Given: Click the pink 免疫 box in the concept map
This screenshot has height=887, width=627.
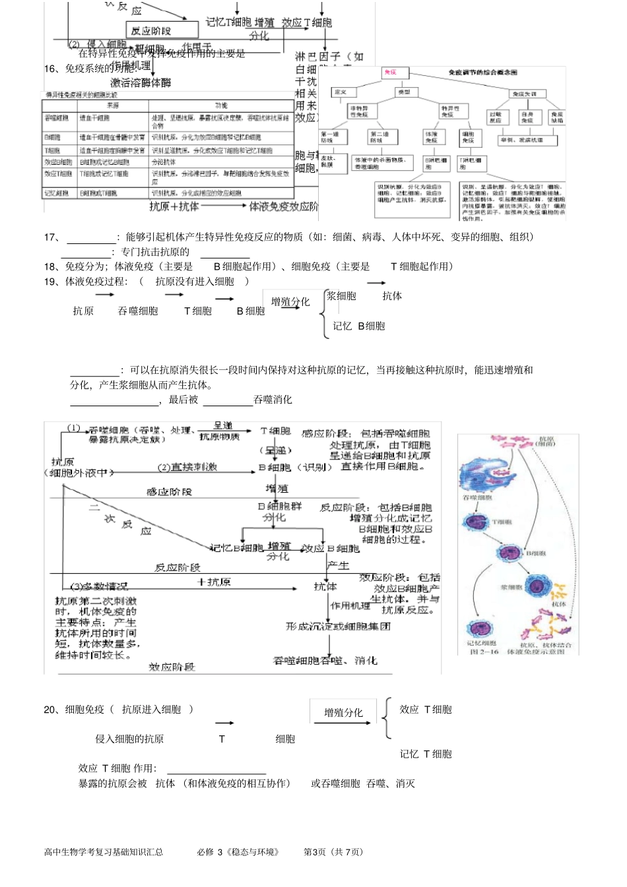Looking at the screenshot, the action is click(x=390, y=72).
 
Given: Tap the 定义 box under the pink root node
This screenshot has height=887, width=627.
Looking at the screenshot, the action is click(x=341, y=92).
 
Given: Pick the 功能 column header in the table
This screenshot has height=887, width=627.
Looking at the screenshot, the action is click(x=221, y=106).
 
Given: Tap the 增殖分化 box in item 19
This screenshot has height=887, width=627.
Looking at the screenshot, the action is click(x=290, y=301).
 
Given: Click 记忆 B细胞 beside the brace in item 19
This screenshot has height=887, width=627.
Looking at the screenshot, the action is click(x=359, y=326).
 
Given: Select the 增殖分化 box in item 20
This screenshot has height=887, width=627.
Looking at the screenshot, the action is click(x=343, y=712).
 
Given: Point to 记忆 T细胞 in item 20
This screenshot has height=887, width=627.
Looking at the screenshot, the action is click(x=426, y=754).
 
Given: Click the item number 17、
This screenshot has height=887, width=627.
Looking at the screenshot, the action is click(x=52, y=237).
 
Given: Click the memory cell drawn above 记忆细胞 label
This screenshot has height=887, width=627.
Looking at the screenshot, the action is click(x=480, y=628).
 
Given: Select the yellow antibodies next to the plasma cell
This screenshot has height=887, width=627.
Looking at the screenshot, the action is click(x=558, y=590).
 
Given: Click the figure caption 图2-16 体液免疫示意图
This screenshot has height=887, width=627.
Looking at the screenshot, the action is click(x=517, y=652).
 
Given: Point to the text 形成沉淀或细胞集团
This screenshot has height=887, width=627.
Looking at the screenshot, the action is click(x=338, y=626).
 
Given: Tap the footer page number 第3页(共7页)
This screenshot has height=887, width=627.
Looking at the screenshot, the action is click(x=333, y=851).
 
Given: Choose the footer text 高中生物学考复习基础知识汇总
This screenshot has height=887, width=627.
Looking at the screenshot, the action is click(x=104, y=851).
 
